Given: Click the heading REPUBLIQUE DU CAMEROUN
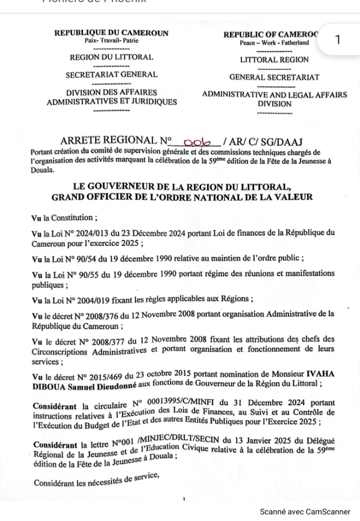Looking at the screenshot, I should click(111, 33).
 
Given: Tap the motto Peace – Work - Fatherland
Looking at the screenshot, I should click(274, 43).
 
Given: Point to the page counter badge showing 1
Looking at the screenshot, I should click(338, 39).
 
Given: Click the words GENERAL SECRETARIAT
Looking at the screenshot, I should click(274, 78).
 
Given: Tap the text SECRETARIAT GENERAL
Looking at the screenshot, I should click(111, 74).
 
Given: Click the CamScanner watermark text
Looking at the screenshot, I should click(305, 512).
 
